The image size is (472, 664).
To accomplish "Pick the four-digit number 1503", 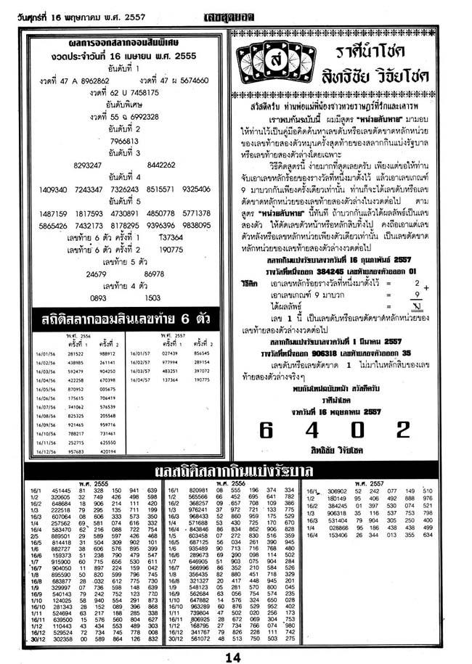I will (x=152, y=298).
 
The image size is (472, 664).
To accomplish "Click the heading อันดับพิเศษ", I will (x=120, y=105).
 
